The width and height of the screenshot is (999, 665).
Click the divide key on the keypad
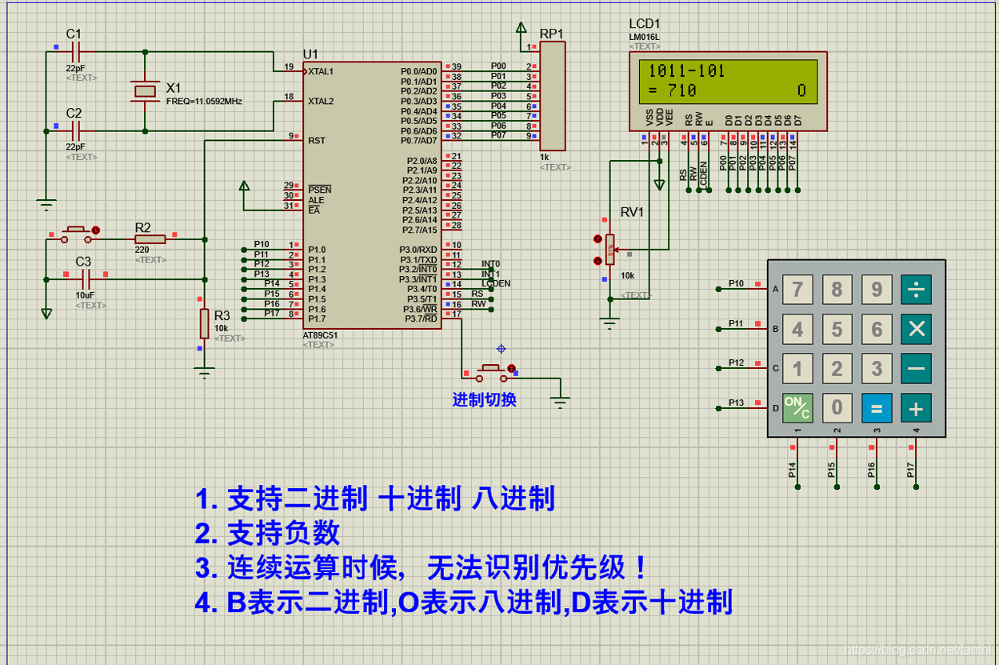pyautogui.click(x=916, y=289)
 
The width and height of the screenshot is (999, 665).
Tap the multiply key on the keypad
pyautogui.click(x=916, y=328)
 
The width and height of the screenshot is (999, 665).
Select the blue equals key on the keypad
pyautogui.click(x=877, y=408)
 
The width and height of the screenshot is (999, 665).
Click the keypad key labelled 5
pyautogui.click(x=837, y=328)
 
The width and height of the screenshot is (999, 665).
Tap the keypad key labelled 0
pyautogui.click(x=837, y=408)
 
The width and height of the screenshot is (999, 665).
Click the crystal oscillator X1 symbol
pyautogui.click(x=145, y=91)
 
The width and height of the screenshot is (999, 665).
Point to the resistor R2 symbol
pyautogui.click(x=150, y=238)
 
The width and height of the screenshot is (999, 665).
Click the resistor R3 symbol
pyautogui.click(x=205, y=324)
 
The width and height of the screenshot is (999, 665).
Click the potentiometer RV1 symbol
pyautogui.click(x=610, y=250)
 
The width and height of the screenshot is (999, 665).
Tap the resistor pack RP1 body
pyautogui.click(x=553, y=96)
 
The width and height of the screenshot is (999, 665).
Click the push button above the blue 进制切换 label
pyautogui.click(x=490, y=371)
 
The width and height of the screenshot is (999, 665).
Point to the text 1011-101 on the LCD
pyautogui.click(x=686, y=71)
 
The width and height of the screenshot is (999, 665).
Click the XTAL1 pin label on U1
pyautogui.click(x=321, y=71)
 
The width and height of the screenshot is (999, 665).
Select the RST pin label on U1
pyautogui.click(x=317, y=140)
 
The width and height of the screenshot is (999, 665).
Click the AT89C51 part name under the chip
pyautogui.click(x=320, y=335)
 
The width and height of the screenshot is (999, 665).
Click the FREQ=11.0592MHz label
pyautogui.click(x=204, y=102)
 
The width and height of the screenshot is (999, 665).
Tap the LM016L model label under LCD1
pyautogui.click(x=644, y=38)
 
